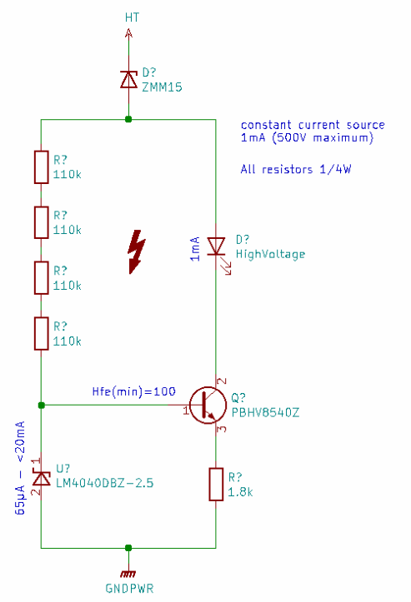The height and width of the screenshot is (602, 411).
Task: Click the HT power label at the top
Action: pyautogui.click(x=132, y=17)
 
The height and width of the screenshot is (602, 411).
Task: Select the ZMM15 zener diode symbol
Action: pyautogui.click(x=128, y=80)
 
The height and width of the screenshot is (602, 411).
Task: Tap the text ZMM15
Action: pyautogui.click(x=162, y=87)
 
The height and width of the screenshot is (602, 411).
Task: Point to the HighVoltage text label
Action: pyautogui.click(x=270, y=255)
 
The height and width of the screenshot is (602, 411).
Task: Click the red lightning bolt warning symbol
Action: pyautogui.click(x=136, y=251)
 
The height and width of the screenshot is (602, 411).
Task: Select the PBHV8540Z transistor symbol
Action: pyautogui.click(x=208, y=405)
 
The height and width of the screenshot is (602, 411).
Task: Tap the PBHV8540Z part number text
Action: pyautogui.click(x=265, y=413)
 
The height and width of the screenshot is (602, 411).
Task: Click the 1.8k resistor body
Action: pyautogui.click(x=216, y=484)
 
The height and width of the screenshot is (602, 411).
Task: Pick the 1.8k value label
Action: pyautogui.click(x=240, y=492)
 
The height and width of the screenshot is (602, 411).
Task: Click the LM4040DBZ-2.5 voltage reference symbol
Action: pyautogui.click(x=42, y=479)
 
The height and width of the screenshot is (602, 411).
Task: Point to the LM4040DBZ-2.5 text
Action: pyautogui.click(x=104, y=483)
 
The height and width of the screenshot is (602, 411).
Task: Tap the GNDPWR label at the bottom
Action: pyautogui.click(x=129, y=589)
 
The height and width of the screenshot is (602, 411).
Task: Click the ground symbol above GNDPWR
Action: pyautogui.click(x=128, y=574)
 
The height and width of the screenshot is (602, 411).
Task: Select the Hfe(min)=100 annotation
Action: pyautogui.click(x=133, y=391)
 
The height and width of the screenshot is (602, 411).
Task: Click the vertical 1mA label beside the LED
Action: pyautogui.click(x=195, y=249)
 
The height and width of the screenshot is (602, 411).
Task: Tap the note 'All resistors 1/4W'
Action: pyautogui.click(x=296, y=169)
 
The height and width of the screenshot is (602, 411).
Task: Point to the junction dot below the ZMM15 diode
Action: pyautogui.click(x=128, y=119)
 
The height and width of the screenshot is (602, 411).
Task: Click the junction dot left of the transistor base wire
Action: pyautogui.click(x=42, y=405)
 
